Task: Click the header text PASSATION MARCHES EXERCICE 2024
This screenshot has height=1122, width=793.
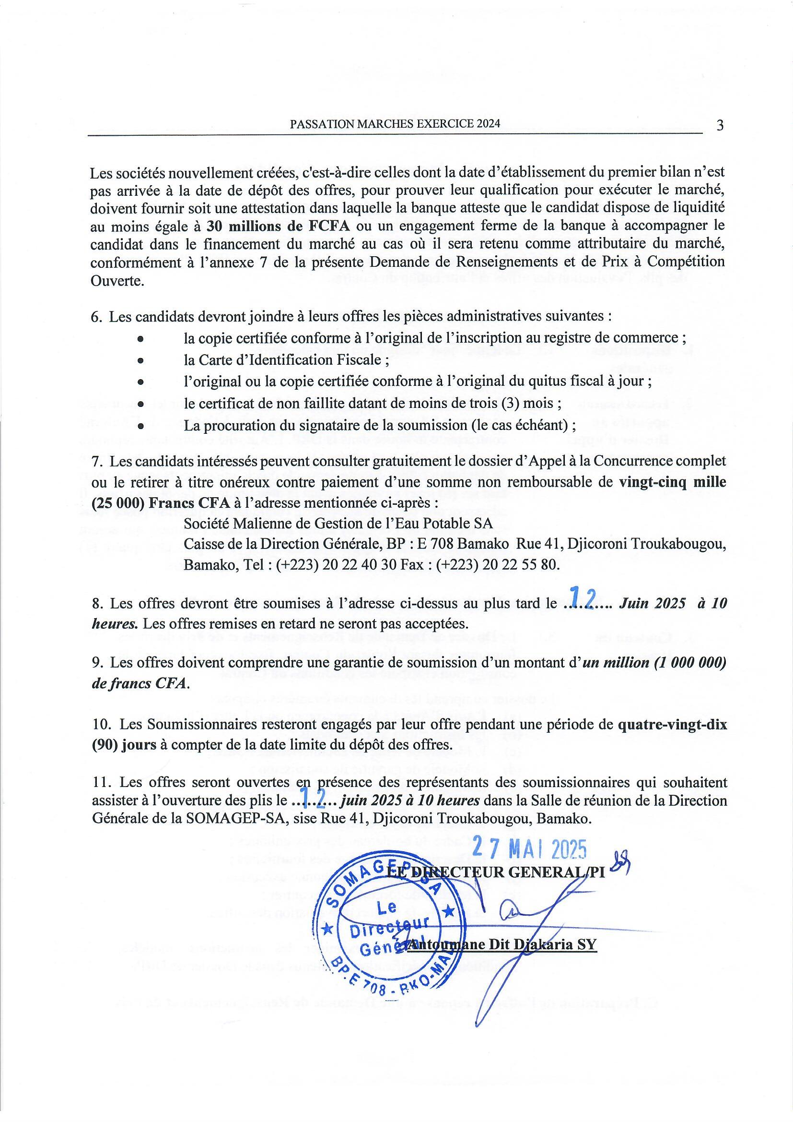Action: [395, 124]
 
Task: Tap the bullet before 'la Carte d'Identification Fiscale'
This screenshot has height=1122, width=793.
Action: [140, 360]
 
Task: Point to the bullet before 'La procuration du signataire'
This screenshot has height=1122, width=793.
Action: [140, 426]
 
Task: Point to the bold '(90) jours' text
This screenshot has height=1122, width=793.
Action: [124, 745]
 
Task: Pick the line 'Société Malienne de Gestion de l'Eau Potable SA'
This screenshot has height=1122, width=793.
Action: [338, 524]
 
